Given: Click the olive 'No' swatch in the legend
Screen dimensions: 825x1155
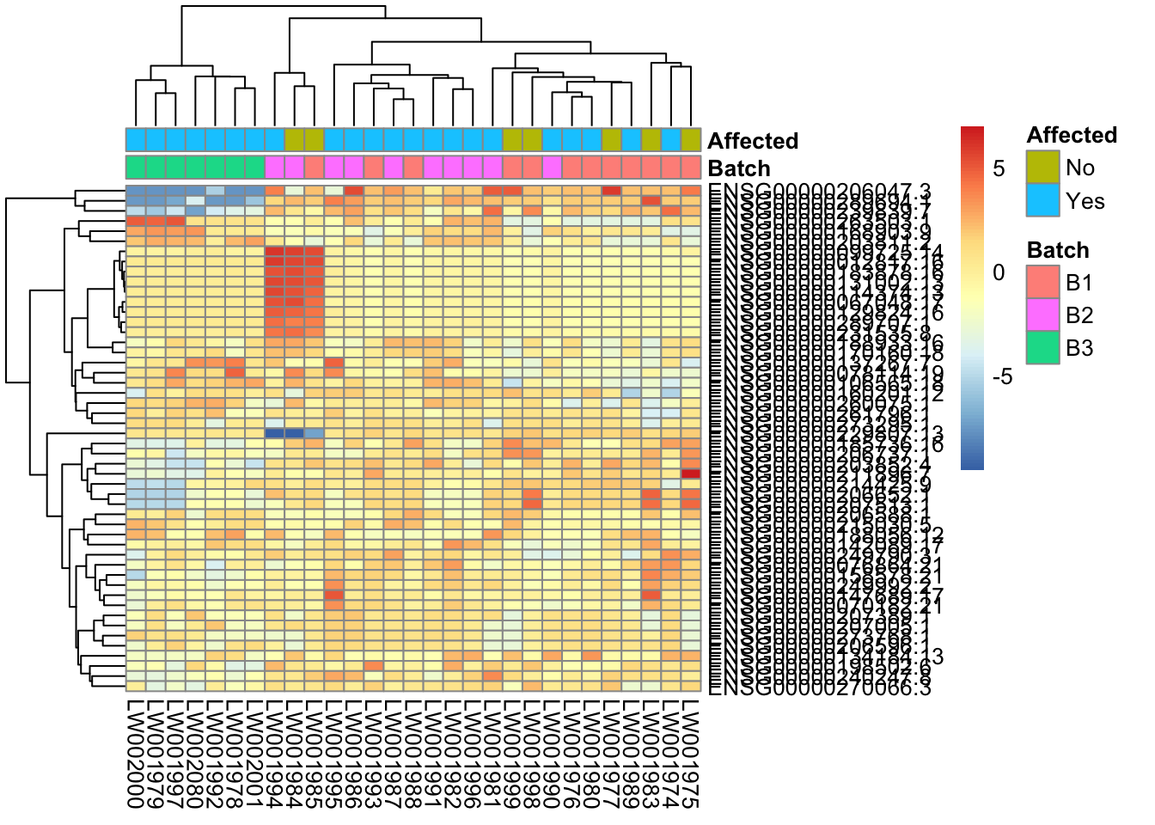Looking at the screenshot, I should click(x=1042, y=168).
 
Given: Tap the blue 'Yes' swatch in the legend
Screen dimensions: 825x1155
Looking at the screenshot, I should click(x=1042, y=200).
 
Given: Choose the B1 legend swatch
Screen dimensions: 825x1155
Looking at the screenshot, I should click(x=1042, y=283).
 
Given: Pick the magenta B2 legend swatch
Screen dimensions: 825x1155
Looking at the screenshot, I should click(x=1042, y=315).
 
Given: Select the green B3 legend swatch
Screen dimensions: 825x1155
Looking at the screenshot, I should click(x=1042, y=348).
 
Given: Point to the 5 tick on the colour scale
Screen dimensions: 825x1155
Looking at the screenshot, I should click(x=998, y=168).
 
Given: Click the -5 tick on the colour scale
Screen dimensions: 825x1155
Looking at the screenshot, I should click(x=1001, y=377).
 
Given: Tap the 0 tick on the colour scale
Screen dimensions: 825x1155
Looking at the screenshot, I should click(x=998, y=273).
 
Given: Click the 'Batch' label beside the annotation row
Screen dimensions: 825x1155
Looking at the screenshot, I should click(x=739, y=168).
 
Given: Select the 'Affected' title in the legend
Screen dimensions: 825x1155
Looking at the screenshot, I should click(x=1072, y=135).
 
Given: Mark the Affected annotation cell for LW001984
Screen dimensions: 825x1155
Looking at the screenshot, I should click(x=294, y=140).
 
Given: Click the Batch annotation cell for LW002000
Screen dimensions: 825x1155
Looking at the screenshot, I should click(x=135, y=167).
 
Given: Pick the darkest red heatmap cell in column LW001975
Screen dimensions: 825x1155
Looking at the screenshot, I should click(x=691, y=474).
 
